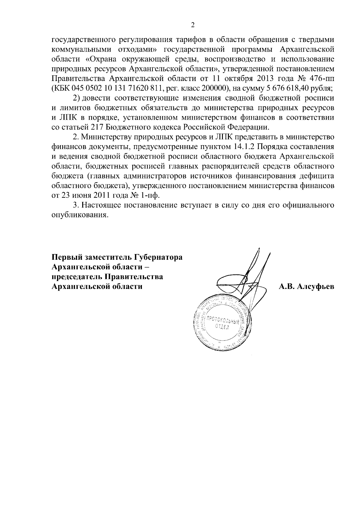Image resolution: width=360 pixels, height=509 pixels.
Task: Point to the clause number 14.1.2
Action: click(243, 147)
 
